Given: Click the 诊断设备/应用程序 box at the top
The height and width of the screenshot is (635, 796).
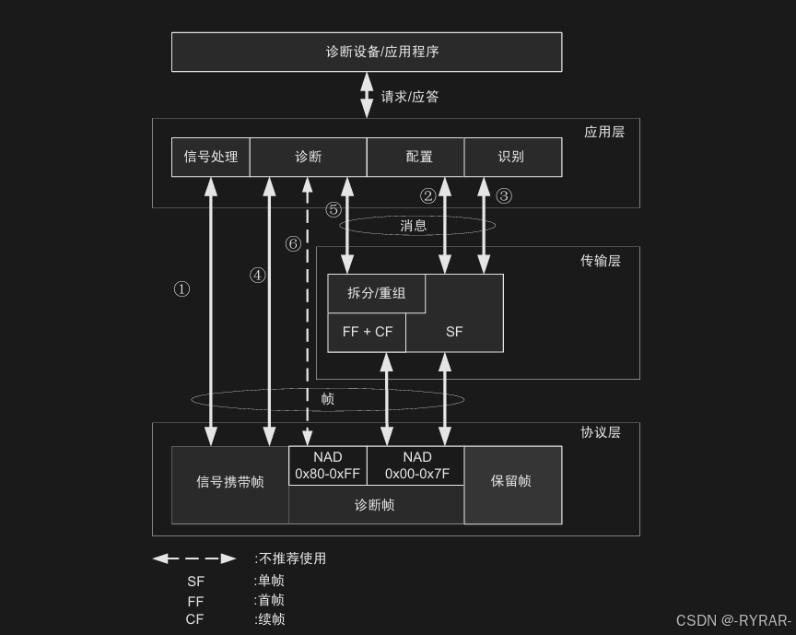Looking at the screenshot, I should pos(367,52).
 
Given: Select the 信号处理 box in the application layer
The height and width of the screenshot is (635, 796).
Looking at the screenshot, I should pos(211,157).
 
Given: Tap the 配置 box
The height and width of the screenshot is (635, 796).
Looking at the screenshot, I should pos(419,157).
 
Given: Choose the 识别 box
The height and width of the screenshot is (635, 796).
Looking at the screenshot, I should pos(511,157).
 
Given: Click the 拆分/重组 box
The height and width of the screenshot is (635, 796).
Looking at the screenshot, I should pos(376,293).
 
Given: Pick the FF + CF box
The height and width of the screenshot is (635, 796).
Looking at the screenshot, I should pos(367,332).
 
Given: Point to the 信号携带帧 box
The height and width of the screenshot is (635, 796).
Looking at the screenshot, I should pos(229,482).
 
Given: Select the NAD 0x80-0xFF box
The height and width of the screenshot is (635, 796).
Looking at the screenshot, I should pos(327,465).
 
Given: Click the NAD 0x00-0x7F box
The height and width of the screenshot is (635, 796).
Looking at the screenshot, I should pos(416,465).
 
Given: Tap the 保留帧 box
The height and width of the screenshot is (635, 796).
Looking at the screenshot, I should pos(511,481).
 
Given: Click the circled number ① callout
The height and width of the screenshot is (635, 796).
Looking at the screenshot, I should pos(181,289).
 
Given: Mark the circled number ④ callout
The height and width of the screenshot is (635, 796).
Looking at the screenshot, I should pos(257,275).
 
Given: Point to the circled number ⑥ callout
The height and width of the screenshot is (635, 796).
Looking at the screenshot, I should pos(293,244).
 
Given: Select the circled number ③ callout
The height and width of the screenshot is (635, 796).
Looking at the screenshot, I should pos(503,195).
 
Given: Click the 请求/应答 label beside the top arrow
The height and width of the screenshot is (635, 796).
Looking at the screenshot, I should pos(410,97).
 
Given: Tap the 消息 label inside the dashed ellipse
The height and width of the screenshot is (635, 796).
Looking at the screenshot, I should pos(414,226).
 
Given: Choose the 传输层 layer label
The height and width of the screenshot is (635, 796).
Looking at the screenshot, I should pos(600,261).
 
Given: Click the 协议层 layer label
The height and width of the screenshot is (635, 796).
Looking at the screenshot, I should pos(600,432).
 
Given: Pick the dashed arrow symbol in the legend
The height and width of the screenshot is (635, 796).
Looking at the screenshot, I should pos(193,559).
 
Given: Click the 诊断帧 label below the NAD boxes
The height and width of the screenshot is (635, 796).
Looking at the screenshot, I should pos(375,505).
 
